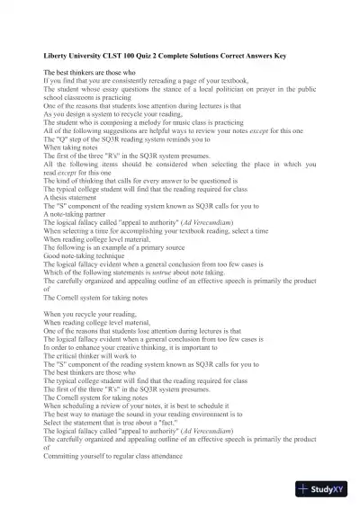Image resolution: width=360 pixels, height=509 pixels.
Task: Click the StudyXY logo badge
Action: point(327,489)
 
